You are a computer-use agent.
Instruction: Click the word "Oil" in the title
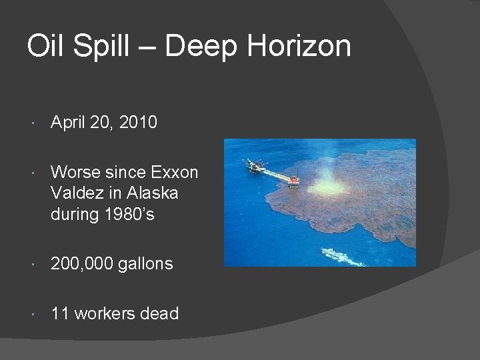point(46,47)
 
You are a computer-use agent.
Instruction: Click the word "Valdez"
point(75,193)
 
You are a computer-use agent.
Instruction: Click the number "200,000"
point(82,264)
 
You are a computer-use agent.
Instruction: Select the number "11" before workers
point(60,313)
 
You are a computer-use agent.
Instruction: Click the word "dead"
point(160,313)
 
